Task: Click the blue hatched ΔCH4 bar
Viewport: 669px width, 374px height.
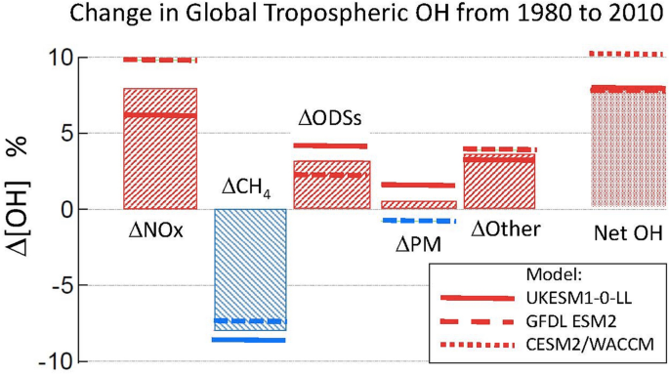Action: click(250, 264)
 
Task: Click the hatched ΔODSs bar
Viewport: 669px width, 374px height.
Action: click(332, 186)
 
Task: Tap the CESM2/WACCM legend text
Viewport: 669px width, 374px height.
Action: click(607, 345)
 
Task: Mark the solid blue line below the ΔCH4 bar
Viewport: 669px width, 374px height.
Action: click(250, 340)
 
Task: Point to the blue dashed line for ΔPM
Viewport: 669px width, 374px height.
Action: click(419, 222)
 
